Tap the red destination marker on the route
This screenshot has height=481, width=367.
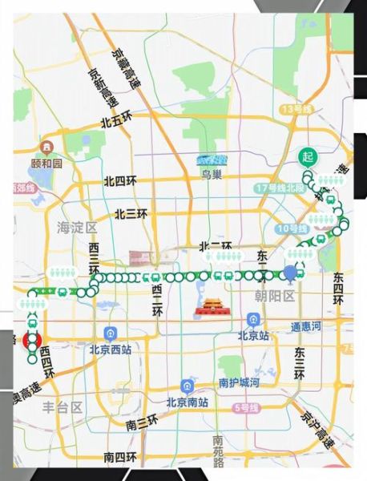(32, 340)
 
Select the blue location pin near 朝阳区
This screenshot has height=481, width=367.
(291, 273)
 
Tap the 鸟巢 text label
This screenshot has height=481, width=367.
(212, 173)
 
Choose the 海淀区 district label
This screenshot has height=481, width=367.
(76, 228)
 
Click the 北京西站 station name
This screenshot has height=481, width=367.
(110, 350)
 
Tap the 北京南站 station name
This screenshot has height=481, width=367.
(187, 402)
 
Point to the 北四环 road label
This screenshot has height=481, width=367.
(120, 182)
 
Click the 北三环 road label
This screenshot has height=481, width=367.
(131, 214)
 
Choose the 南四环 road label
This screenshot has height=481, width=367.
(119, 457)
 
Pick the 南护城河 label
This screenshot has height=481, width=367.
(239, 383)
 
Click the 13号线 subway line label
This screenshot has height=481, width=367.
(295, 109)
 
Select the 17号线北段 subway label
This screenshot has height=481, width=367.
(280, 188)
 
